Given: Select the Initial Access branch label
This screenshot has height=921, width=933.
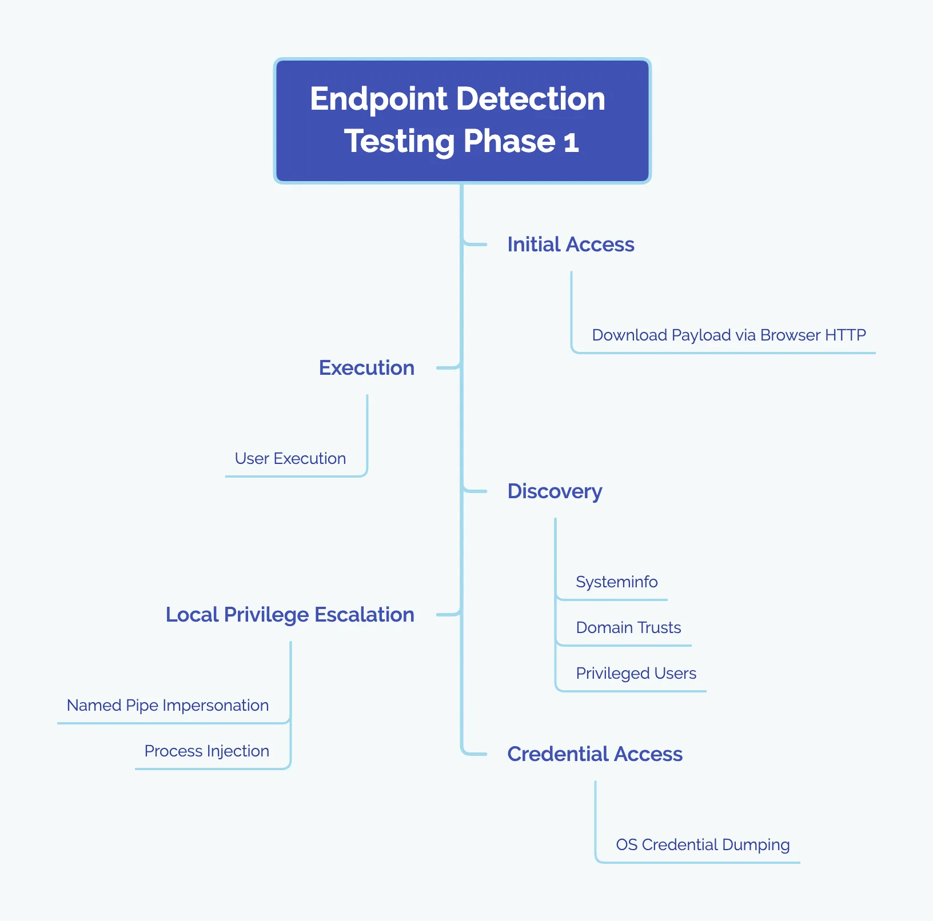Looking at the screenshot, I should pyautogui.click(x=571, y=245).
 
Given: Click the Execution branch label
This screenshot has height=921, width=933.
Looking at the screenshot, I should pyautogui.click(x=366, y=368).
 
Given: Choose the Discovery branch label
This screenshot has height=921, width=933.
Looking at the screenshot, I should pyautogui.click(x=555, y=491).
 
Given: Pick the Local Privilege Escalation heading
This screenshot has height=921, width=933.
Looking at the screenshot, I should pyautogui.click(x=290, y=615).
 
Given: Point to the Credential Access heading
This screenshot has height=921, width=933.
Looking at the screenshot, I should pyautogui.click(x=595, y=754).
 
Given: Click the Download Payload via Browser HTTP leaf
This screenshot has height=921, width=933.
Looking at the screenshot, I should pyautogui.click(x=728, y=335).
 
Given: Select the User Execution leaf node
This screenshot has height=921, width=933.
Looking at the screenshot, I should pyautogui.click(x=290, y=458).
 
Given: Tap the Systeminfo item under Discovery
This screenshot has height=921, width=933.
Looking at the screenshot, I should pyautogui.click(x=616, y=582).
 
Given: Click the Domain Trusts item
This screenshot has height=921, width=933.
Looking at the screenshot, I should pyautogui.click(x=628, y=627).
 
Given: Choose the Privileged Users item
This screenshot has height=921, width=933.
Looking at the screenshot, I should pyautogui.click(x=636, y=673).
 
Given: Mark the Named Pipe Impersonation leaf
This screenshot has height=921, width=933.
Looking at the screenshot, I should pyautogui.click(x=168, y=705).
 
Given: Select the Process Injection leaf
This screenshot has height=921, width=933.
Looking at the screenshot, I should pyautogui.click(x=206, y=751).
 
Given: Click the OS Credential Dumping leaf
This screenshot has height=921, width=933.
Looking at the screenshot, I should pyautogui.click(x=703, y=844).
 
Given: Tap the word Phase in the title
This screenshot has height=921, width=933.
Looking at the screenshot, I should pyautogui.click(x=509, y=142).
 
